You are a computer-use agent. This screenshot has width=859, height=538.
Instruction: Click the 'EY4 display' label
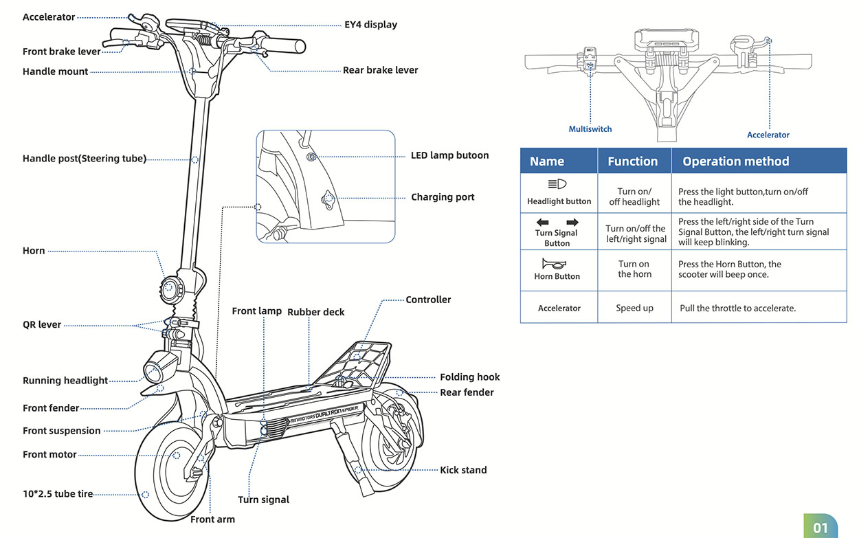pyautogui.click(x=370, y=25)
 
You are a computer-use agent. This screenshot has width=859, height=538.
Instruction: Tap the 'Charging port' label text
pyautogui.click(x=443, y=197)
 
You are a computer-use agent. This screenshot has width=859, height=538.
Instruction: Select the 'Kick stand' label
pyautogui.click(x=463, y=470)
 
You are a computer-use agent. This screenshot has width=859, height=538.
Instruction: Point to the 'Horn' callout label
pyautogui.click(x=34, y=251)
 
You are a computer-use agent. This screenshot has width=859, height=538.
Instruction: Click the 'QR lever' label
pyautogui.click(x=42, y=325)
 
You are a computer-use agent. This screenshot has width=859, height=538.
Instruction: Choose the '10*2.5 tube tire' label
pyautogui.click(x=58, y=493)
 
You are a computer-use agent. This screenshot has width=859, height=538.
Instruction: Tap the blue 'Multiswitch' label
pyautogui.click(x=590, y=129)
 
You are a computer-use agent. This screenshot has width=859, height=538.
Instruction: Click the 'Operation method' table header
pyautogui.click(x=735, y=161)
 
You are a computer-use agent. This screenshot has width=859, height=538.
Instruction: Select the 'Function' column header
pyautogui.click(x=632, y=161)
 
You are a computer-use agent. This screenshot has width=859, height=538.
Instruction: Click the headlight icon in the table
pyautogui.click(x=557, y=184)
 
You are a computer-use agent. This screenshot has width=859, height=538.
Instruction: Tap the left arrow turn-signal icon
pyautogui.click(x=543, y=223)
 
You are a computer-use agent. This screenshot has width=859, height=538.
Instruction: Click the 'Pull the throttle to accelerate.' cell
pyautogui.click(x=737, y=309)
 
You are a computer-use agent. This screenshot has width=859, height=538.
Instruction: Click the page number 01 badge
pyautogui.click(x=821, y=528)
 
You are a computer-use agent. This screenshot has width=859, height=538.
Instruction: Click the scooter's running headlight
pyautogui.click(x=156, y=369)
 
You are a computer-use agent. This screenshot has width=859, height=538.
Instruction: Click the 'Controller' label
pyautogui.click(x=428, y=300)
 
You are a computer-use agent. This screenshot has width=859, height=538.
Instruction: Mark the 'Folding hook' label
pyautogui.click(x=469, y=377)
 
